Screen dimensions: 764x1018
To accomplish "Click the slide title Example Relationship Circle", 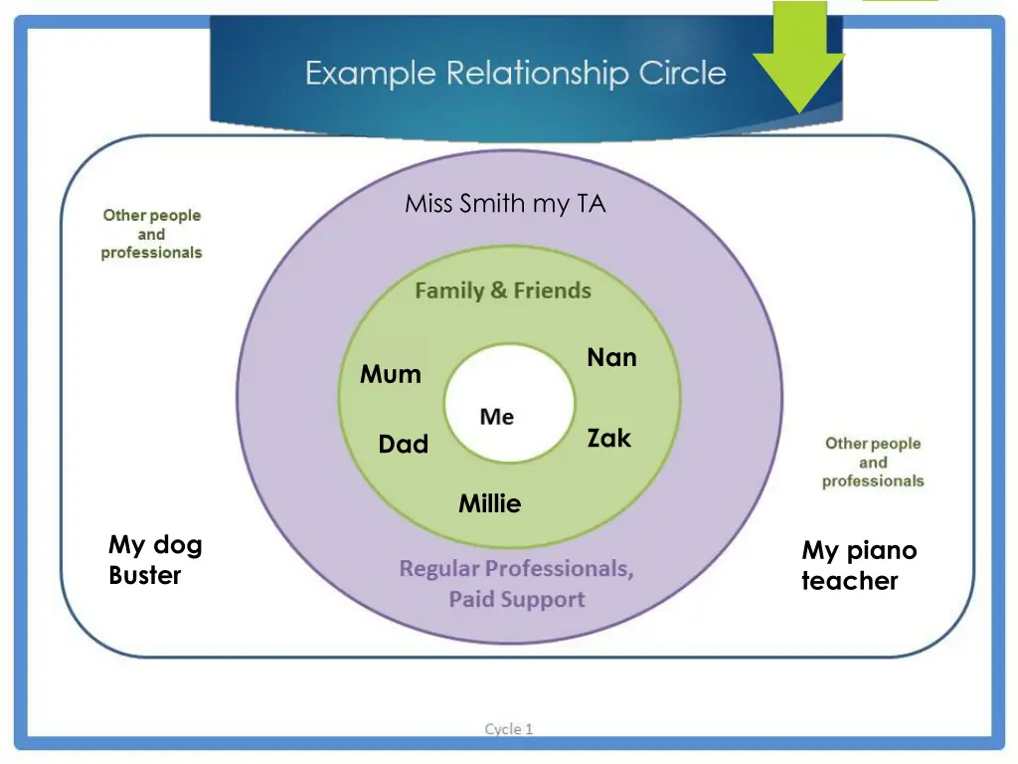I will pos(515,74).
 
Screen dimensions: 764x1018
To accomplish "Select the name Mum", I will pos(391,375).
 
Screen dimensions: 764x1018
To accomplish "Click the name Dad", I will pos(403,445).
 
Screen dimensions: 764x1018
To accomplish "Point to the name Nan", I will pos(611,358).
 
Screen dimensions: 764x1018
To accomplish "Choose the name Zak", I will pos(608,439).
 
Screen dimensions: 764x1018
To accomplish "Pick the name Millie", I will pos(489,504).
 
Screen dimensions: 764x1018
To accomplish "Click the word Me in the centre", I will pos(496,417).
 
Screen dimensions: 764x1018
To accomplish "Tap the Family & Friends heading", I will pos(502,291).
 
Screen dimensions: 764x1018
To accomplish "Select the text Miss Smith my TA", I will pos(505,205).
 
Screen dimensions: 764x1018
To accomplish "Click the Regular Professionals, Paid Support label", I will pos(516,584).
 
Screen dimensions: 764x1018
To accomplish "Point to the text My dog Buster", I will pos(155,560).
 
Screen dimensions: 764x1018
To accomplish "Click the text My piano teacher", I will pos(859,566).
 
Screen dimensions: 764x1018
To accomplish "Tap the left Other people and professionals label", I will pos(151,234).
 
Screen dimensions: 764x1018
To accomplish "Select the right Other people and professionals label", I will pos(873,463).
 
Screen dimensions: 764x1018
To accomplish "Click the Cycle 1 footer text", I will pos(509,729).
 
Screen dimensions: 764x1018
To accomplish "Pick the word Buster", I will pos(145,576).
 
